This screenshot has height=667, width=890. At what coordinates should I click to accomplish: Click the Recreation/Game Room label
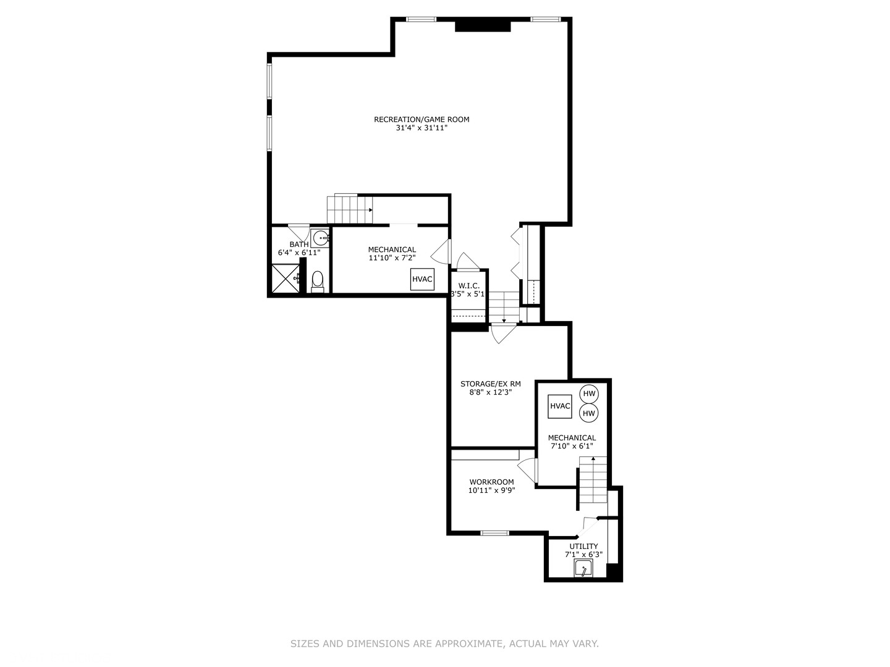click(x=422, y=119)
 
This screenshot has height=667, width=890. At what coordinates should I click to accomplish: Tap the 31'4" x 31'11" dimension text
click(x=422, y=128)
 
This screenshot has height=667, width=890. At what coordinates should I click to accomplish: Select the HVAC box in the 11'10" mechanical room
click(x=422, y=279)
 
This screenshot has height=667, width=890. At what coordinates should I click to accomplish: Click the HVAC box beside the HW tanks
click(x=560, y=406)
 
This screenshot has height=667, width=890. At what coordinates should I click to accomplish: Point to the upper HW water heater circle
click(x=589, y=394)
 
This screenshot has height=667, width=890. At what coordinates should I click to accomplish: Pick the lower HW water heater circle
click(x=589, y=413)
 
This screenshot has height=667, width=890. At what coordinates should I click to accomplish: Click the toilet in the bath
click(x=317, y=281)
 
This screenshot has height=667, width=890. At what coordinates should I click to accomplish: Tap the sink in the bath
click(x=320, y=238)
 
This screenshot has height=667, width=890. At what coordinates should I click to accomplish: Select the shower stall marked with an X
click(x=285, y=278)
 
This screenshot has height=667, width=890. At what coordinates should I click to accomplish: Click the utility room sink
click(x=583, y=569)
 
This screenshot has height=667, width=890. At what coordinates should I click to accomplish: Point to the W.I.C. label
click(x=468, y=286)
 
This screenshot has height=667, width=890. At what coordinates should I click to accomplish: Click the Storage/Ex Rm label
click(x=490, y=384)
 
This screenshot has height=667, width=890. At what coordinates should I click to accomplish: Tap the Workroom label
click(x=491, y=482)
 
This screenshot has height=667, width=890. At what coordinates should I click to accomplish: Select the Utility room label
click(x=583, y=546)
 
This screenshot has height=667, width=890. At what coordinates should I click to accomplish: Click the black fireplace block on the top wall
click(x=483, y=25)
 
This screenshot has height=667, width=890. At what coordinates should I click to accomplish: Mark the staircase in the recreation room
click(x=350, y=209)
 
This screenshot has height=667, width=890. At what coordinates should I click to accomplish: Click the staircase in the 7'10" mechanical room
click(x=593, y=480)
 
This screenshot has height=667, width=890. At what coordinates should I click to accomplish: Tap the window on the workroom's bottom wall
click(x=494, y=533)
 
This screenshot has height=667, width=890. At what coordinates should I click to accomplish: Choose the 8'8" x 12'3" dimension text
click(x=490, y=392)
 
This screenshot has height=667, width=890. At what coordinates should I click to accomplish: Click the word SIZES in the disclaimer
click(x=305, y=644)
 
